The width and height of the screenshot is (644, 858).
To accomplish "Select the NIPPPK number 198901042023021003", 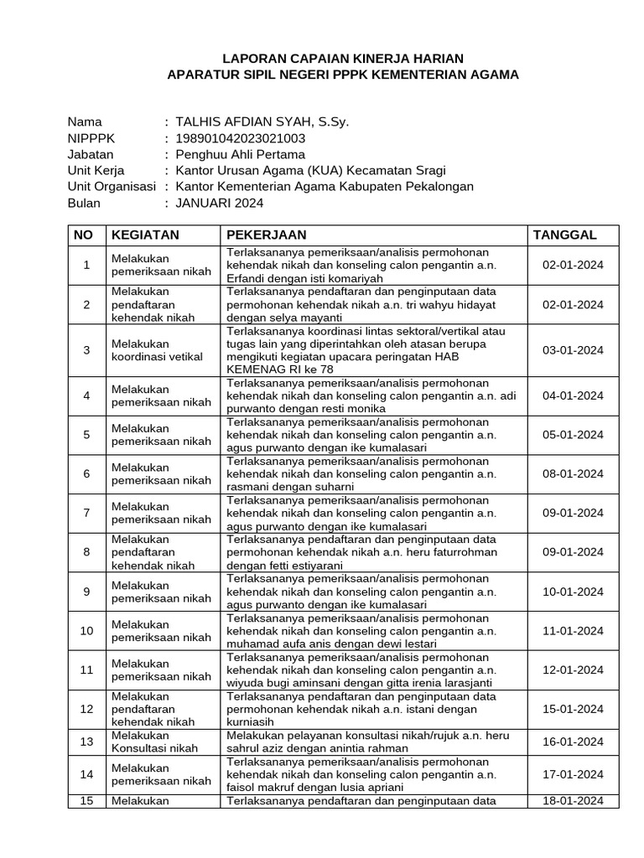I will (240, 138).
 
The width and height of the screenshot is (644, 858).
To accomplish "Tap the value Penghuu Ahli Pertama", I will (241, 154).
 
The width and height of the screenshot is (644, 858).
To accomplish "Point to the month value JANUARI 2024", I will (219, 203).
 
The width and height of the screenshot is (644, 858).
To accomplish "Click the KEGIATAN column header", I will (146, 235).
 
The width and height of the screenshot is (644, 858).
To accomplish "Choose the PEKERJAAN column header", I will (267, 235).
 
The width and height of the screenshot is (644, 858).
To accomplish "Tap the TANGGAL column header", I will (565, 235).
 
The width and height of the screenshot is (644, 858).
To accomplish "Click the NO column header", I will (84, 235).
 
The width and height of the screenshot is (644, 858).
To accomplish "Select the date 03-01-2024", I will (573, 350).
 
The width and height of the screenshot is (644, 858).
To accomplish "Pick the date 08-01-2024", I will (573, 473).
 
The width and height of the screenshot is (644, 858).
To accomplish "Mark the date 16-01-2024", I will (573, 742).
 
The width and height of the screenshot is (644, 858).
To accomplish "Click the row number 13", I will (86, 742).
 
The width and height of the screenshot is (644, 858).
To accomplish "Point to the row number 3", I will (86, 350).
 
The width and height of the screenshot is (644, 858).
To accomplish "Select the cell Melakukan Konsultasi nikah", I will (152, 742).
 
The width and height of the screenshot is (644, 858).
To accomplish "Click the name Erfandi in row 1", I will (247, 278).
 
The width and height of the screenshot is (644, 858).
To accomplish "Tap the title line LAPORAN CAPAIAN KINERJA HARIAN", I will (342, 58).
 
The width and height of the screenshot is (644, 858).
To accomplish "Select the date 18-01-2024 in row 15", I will (573, 800).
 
